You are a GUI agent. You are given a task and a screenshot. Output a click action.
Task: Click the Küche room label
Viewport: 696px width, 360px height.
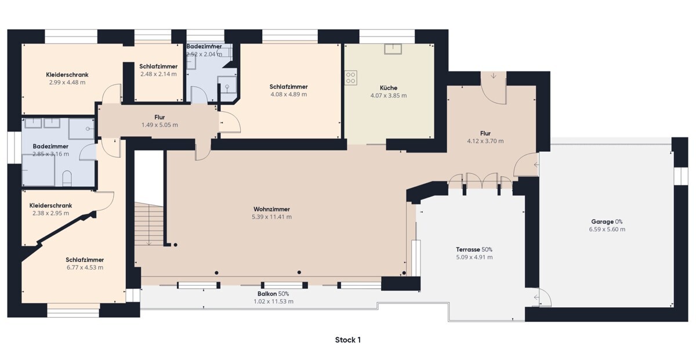[x=389, y=88]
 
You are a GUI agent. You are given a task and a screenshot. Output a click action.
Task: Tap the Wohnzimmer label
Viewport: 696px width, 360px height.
[x=271, y=209]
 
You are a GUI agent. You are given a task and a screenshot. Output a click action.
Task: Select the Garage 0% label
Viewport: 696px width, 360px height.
[x=607, y=222]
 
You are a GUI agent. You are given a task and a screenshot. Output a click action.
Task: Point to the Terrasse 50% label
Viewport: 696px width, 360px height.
[x=474, y=249]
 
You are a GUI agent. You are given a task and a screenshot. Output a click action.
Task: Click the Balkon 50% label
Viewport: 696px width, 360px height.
[x=273, y=294]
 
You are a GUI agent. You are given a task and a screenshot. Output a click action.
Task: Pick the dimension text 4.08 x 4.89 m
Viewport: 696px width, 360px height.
[x=289, y=94]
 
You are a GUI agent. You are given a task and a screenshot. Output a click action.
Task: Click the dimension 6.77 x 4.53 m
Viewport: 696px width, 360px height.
[x=85, y=267]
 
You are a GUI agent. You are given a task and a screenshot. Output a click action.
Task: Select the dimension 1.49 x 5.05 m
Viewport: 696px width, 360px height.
[x=159, y=125]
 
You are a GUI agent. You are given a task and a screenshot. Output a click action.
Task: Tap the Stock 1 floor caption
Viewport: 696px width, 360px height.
[x=347, y=340]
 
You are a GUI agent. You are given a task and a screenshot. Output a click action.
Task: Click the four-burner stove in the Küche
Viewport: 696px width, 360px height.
[x=351, y=78]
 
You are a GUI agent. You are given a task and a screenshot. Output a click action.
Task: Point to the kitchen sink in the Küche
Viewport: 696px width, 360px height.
[x=393, y=49]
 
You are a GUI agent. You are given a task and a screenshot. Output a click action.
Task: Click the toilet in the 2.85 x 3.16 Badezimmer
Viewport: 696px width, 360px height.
[x=67, y=179]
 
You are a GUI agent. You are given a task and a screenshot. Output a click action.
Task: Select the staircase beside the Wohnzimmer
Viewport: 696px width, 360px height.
[x=149, y=224]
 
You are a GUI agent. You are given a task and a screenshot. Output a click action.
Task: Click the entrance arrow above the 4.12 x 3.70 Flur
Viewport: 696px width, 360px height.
[x=494, y=75]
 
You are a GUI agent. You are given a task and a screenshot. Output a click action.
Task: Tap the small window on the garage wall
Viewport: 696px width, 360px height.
[x=680, y=176]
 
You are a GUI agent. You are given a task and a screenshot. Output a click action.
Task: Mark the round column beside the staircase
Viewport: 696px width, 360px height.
[x=176, y=245]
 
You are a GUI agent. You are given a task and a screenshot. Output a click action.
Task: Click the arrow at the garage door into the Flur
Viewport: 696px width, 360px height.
[x=536, y=165]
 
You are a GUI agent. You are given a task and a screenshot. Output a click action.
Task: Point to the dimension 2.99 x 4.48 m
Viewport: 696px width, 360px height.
[x=67, y=82]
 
